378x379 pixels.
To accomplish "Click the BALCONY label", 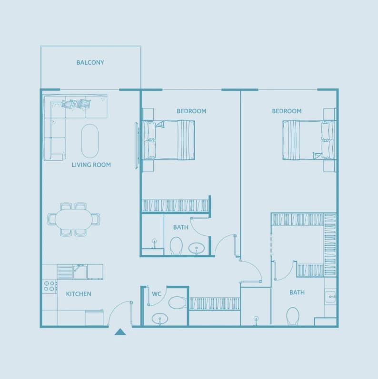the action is tap(90, 62).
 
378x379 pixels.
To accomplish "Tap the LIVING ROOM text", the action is tap(91, 165).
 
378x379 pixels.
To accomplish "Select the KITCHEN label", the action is tap(79, 294).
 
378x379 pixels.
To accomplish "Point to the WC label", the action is tap(157, 294).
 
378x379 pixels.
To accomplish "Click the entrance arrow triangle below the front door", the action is tap(120, 332).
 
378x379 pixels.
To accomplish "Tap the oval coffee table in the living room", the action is tap(90, 141).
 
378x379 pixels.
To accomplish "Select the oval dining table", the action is tap(74, 219).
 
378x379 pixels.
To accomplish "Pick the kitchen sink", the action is tap(80, 272).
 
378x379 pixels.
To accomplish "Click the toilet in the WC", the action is tap(177, 302).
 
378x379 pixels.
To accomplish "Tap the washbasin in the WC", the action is tap(159, 319).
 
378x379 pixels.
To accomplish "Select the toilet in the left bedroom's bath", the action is tap(176, 245).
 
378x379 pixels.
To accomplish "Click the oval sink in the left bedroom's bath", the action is tap(196, 249).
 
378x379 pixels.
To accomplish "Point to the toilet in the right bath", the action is tap(293, 316).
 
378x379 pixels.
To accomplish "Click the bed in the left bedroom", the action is tap(169, 140).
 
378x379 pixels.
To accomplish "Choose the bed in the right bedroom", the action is tap(309, 140).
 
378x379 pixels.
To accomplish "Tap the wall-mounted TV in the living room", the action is tap(137, 146).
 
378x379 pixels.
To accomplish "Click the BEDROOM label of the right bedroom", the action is tap(287, 111).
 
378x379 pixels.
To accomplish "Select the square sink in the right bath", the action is tap(330, 296).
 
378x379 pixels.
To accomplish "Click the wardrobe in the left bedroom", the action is tap(176, 206).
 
